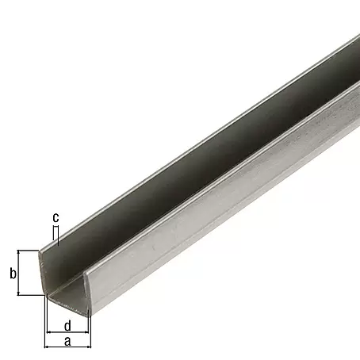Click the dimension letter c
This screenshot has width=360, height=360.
coord(56,218)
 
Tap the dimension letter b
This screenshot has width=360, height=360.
coord(13,273)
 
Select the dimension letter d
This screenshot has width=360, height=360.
coord(67,326)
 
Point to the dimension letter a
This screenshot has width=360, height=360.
coord(67,341)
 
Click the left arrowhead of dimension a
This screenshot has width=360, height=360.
coord(46,347)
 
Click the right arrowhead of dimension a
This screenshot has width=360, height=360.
coord(89,347)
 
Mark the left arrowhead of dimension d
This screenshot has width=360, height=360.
coord(48,331)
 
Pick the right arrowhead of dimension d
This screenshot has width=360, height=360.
coord(86,331)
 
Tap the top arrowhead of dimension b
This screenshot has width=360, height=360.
coord(18,252)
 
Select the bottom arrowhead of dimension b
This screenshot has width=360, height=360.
coord(18,293)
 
